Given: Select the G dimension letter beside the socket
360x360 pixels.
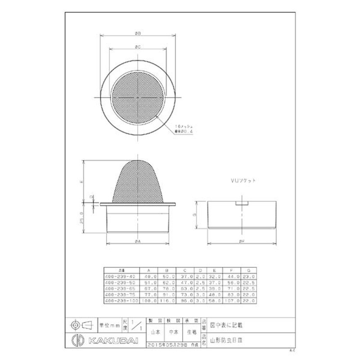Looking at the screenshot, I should tap(194, 215).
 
